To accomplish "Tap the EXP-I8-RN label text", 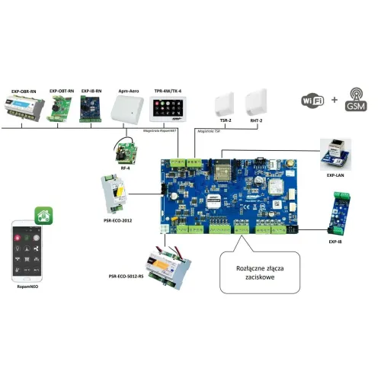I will pyautogui.click(x=92, y=91).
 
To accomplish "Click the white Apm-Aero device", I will pyautogui.click(x=128, y=111).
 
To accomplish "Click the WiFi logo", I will pyautogui.click(x=311, y=102).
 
